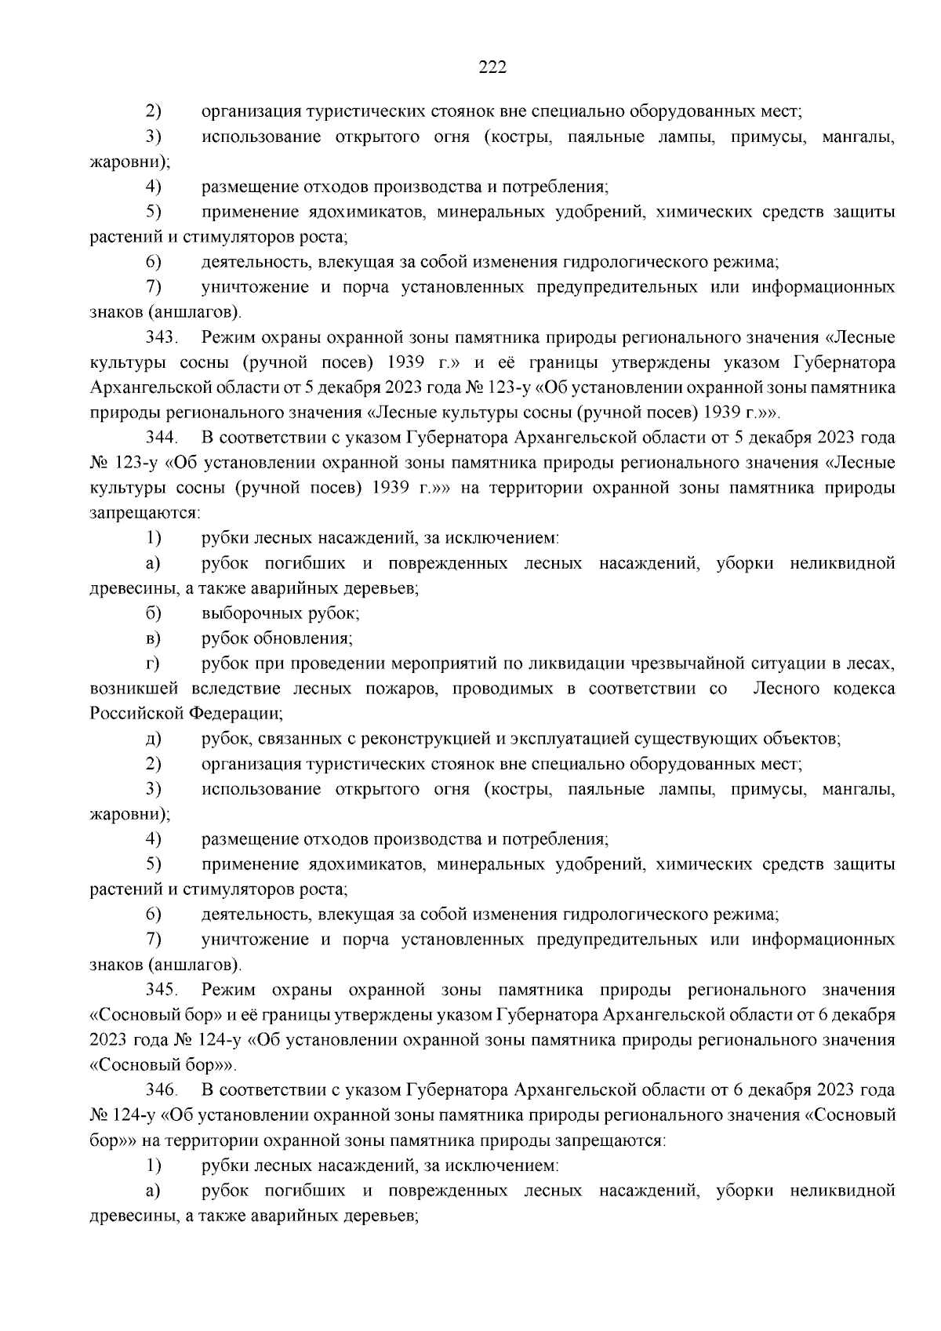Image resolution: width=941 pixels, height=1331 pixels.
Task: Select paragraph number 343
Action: pos(162,338)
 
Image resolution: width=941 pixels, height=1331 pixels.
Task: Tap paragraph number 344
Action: pos(162,438)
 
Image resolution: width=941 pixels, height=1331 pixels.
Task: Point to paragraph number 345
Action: pos(162,990)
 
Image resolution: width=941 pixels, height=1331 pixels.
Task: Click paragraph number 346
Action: pos(162,1090)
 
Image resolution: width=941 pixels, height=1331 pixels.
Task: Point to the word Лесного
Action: pos(785,689)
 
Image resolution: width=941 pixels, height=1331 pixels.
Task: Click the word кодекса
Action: pos(863,689)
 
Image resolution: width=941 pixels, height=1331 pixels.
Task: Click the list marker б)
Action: pos(153,613)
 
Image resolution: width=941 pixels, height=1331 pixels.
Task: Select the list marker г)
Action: pos(153,664)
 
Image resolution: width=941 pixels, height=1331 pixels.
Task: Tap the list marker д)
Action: pos(153,739)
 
